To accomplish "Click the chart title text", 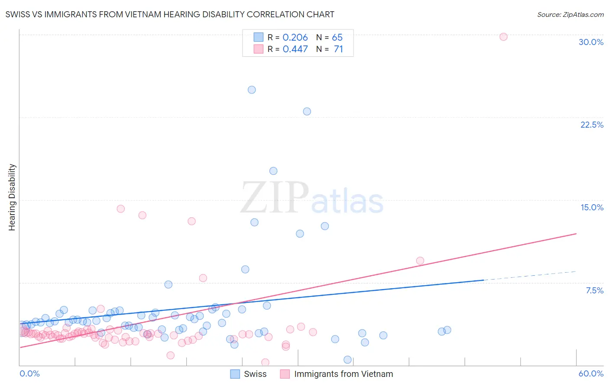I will click(x=170, y=14).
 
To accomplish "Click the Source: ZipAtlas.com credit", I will click(x=570, y=14).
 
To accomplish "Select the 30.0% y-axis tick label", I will click(x=591, y=42).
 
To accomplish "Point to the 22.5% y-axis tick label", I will click(x=592, y=125).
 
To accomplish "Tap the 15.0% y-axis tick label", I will click(x=592, y=207).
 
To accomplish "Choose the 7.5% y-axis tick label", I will click(x=594, y=290).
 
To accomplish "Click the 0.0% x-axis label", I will click(x=29, y=373).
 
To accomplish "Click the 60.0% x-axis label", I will click(x=591, y=373).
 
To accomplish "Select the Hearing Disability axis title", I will click(x=12, y=197).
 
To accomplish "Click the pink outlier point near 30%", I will click(x=503, y=37).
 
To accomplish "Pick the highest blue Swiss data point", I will click(x=252, y=90).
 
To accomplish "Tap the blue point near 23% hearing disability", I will click(x=307, y=112).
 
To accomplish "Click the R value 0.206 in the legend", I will click(x=295, y=37).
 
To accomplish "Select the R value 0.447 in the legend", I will click(x=295, y=49).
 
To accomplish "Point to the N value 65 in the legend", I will click(x=337, y=37).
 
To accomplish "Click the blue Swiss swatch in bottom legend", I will click(x=235, y=374).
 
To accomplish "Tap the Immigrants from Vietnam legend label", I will click(x=343, y=374).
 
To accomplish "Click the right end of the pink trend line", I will click(x=576, y=234).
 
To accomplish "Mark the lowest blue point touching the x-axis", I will click(x=347, y=360).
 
